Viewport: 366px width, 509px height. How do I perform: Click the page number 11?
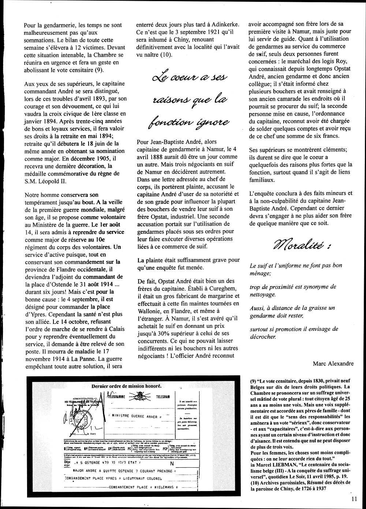pos(354,498)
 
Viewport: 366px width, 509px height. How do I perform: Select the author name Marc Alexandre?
pos(333,363)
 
